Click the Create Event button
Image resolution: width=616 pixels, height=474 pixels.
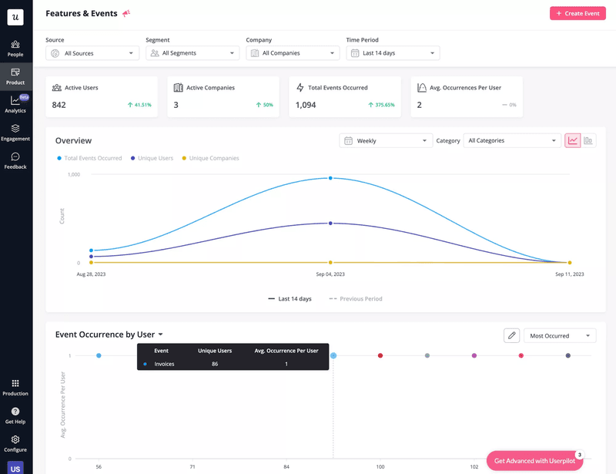(577, 14)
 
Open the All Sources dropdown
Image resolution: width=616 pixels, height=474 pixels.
(92, 53)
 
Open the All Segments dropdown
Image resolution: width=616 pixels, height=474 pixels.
(192, 53)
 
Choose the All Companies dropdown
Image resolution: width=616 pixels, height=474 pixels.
(293, 53)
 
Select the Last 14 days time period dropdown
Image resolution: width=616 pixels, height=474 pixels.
(393, 53)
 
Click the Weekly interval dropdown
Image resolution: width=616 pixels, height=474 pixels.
(386, 141)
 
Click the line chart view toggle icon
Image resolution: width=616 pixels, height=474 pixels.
(573, 141)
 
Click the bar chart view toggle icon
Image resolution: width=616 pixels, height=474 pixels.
(588, 141)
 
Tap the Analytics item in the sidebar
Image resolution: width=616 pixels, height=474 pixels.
(15, 104)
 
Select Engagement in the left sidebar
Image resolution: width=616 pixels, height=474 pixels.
(15, 133)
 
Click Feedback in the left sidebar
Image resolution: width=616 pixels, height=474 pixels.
(15, 160)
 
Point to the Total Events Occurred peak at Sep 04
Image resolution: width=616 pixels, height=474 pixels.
(330, 178)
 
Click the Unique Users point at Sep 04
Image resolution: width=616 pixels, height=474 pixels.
(330, 224)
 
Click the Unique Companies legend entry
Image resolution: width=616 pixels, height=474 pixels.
(210, 158)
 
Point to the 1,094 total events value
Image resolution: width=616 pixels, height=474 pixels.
(306, 105)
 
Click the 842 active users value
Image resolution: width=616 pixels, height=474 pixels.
(59, 105)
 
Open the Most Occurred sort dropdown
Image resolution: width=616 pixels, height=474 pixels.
(560, 336)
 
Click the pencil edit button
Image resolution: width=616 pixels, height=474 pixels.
(511, 336)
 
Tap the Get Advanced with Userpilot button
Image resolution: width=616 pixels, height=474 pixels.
(534, 461)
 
